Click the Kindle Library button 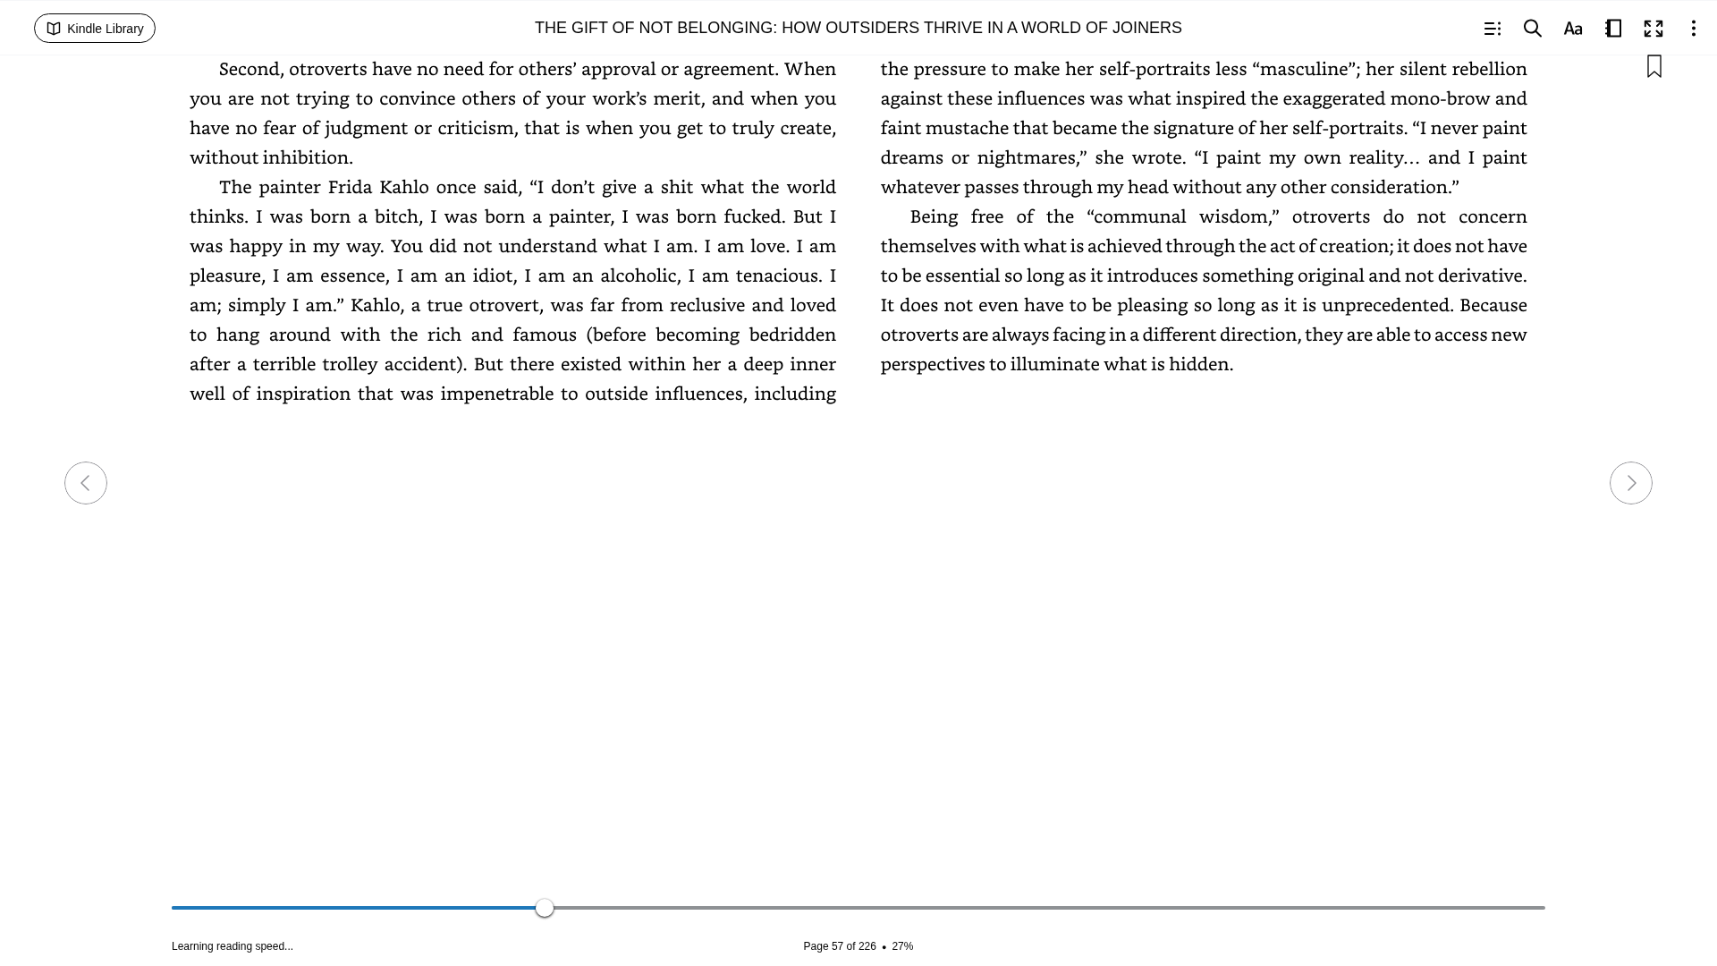[x=95, y=29]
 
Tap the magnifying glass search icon [x=1532, y=29]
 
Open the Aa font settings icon [x=1572, y=29]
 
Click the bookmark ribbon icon [x=1654, y=66]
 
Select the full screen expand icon [x=1653, y=29]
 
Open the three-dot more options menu [x=1693, y=29]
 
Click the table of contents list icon [x=1492, y=29]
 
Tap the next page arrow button [x=1630, y=483]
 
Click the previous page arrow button [x=86, y=483]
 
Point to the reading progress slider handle [x=545, y=908]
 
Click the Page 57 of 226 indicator [x=839, y=946]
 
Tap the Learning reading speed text [x=233, y=946]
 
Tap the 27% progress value [x=902, y=946]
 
